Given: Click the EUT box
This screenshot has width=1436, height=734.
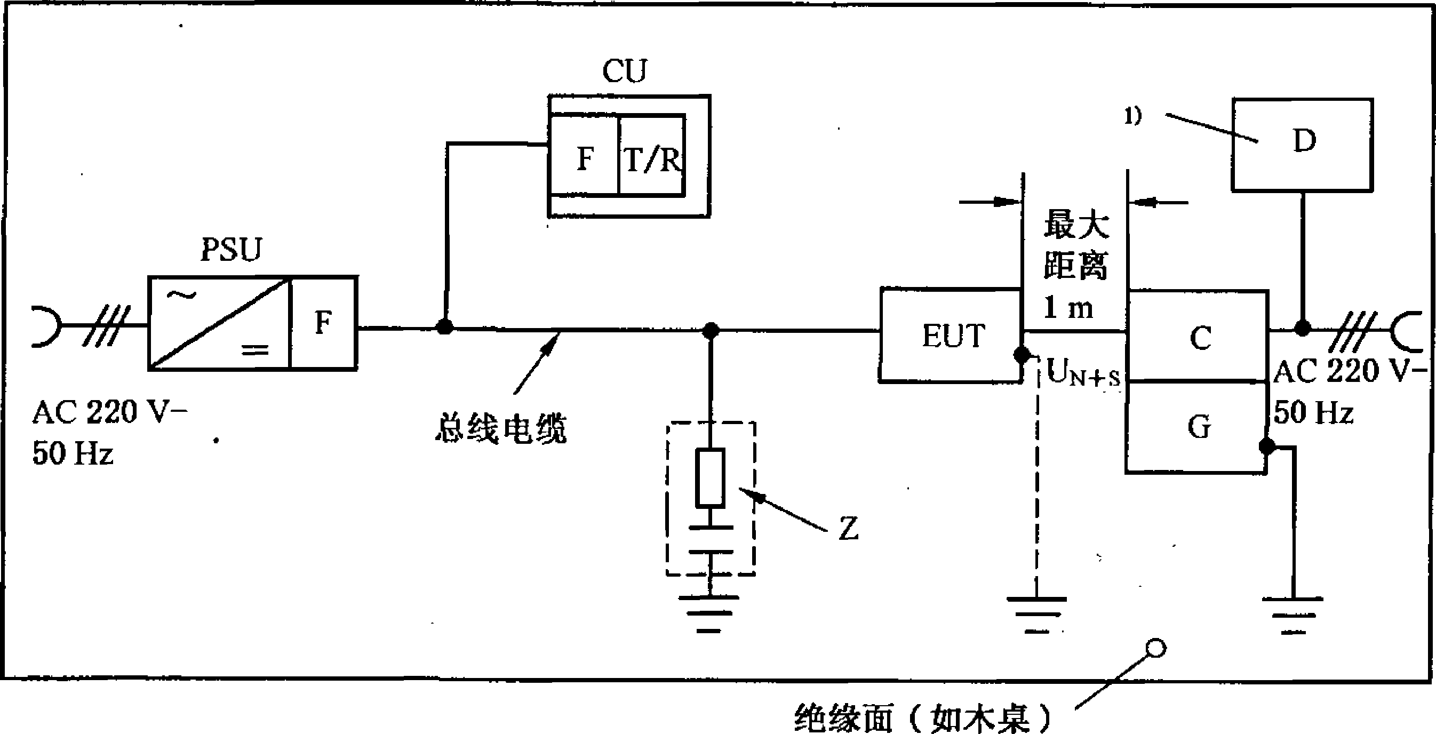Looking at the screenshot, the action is [951, 335].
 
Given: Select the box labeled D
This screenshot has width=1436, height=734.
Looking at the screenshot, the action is [1302, 145].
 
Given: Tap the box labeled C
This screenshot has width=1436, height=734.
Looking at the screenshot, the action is [1198, 336].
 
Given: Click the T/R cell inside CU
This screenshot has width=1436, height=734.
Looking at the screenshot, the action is [652, 155].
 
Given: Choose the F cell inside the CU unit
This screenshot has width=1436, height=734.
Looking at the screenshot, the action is [584, 155].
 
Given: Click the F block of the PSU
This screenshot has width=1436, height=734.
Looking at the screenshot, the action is [323, 323].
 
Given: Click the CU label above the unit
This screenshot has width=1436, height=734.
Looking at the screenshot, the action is [625, 71].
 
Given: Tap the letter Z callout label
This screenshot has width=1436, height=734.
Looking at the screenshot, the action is [849, 528].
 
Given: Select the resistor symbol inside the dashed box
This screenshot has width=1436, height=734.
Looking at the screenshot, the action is [710, 477].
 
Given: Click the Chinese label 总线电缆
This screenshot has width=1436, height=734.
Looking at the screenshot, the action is [500, 428].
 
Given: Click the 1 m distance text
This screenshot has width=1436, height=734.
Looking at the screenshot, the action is [1068, 307].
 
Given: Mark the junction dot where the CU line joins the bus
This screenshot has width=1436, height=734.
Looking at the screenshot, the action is [444, 326].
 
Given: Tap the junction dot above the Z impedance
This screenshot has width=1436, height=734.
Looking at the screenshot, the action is [710, 331].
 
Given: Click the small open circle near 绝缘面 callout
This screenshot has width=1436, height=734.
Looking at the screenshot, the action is [1155, 649].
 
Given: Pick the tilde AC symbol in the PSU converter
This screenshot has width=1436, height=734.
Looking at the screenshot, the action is [186, 296].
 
